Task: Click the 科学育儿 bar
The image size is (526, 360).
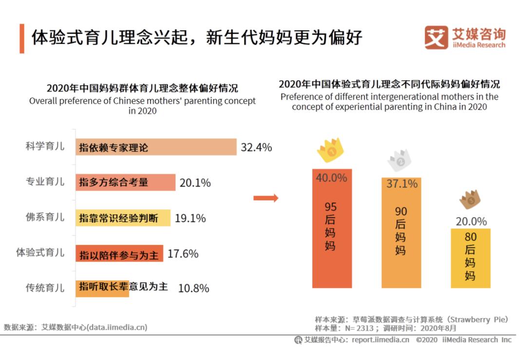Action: [156, 147]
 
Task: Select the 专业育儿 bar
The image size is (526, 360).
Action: [125, 182]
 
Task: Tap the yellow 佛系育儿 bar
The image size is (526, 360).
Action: [123, 218]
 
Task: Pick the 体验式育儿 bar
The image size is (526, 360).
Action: [119, 253]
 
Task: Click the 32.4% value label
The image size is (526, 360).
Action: [256, 147]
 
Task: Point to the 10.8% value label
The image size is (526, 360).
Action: [193, 288]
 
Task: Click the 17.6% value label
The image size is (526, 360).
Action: [183, 253]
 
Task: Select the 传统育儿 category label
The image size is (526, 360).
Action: [45, 288]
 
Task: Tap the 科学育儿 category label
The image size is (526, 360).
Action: [45, 147]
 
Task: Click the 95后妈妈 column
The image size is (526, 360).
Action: [332, 228]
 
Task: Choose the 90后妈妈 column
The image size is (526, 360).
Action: [401, 232]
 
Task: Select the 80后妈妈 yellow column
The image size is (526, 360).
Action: [470, 258]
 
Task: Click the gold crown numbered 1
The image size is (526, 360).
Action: [331, 149]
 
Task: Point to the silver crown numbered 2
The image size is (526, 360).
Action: [400, 160]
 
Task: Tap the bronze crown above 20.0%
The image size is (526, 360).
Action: [470, 199]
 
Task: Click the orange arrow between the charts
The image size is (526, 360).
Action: [266, 198]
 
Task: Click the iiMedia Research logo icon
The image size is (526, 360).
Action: [435, 37]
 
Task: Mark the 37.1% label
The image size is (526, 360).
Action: [402, 184]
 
